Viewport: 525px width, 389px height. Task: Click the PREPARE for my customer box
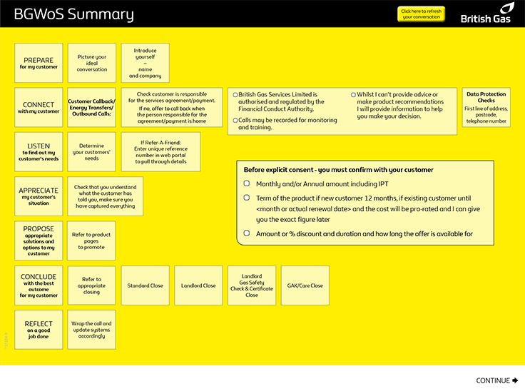39,63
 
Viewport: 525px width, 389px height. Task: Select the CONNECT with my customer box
39,108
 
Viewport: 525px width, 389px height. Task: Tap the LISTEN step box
39,151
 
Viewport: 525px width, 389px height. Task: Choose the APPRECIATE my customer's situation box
39,196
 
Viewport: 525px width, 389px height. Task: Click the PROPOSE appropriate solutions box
39,241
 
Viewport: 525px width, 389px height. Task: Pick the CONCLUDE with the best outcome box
39,285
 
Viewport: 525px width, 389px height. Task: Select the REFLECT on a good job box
39,329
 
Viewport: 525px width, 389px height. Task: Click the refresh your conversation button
421,14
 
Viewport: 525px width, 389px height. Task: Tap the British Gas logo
486,14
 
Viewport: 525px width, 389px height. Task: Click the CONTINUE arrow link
497,380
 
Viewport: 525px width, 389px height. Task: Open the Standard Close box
146,286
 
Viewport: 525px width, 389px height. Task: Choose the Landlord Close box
198,286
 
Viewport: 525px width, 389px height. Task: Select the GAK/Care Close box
305,286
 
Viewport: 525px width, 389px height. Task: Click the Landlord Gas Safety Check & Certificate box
252,286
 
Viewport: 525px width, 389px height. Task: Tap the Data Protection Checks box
486,107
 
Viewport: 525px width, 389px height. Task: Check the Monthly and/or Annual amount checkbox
247,184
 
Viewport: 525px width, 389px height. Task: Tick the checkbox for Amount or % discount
247,233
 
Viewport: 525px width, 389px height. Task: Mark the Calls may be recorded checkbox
236,121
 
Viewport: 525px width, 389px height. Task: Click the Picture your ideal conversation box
92,63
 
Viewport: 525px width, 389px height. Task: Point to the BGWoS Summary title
73,14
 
